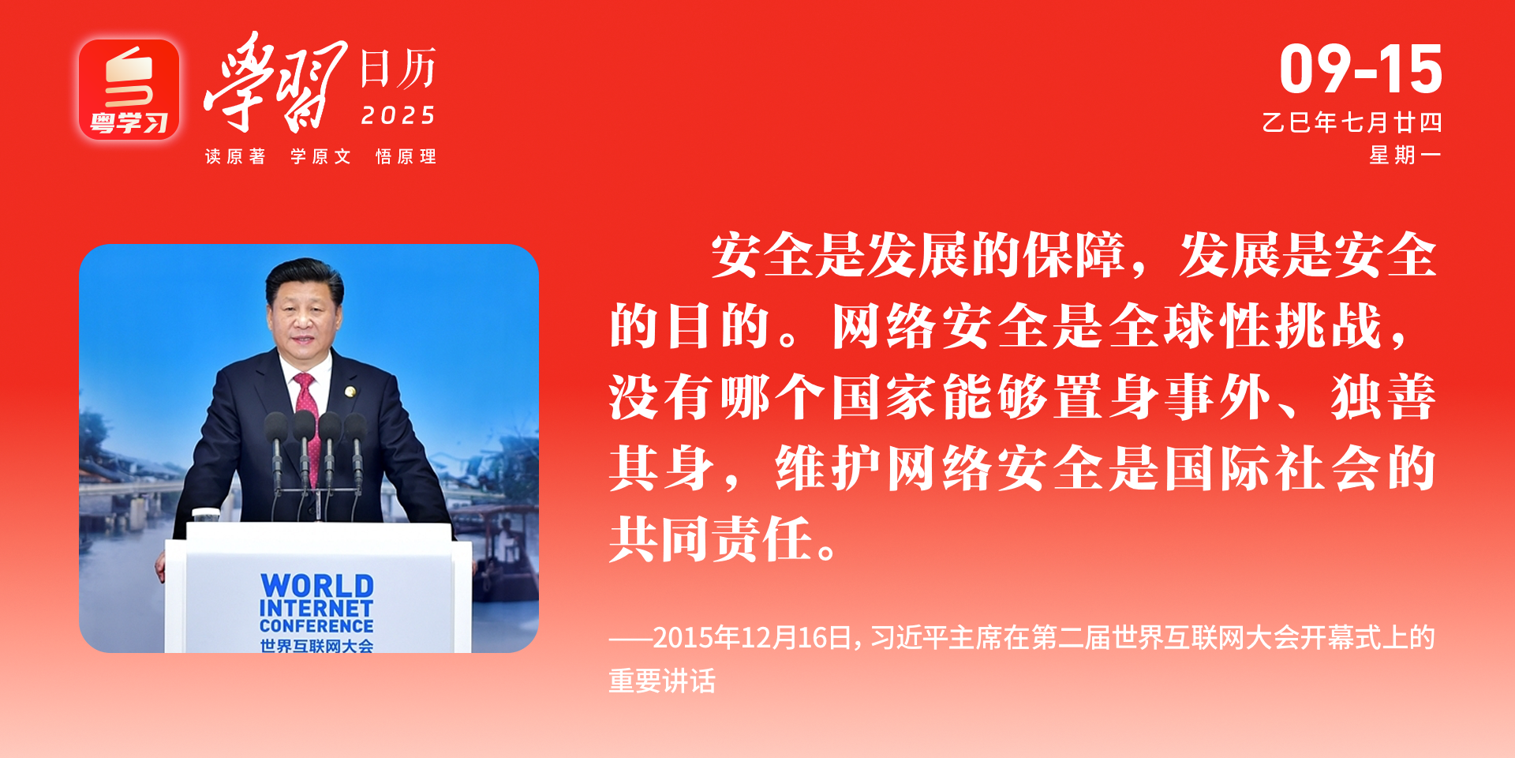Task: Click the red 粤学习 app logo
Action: pos(129,90)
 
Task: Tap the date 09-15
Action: pos(1361,69)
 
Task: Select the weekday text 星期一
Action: pos(1405,156)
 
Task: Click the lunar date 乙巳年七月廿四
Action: pos(1352,122)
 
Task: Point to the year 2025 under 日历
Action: pos(398,116)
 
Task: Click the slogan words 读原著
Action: pos(235,156)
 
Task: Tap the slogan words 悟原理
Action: pos(406,156)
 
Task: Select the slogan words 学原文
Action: pos(320,156)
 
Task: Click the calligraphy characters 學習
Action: pos(275,83)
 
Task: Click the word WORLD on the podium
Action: pos(317,586)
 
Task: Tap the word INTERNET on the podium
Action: pos(316,608)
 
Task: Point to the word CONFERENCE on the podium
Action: pos(316,625)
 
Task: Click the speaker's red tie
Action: pos(309,418)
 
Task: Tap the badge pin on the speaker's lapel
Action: pos(350,392)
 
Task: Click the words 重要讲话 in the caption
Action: pos(662,681)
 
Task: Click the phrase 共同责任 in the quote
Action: pos(711,539)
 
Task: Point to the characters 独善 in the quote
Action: pos(1382,397)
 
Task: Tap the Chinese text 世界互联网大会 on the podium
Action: pos(316,646)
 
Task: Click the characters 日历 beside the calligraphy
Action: pos(398,69)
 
